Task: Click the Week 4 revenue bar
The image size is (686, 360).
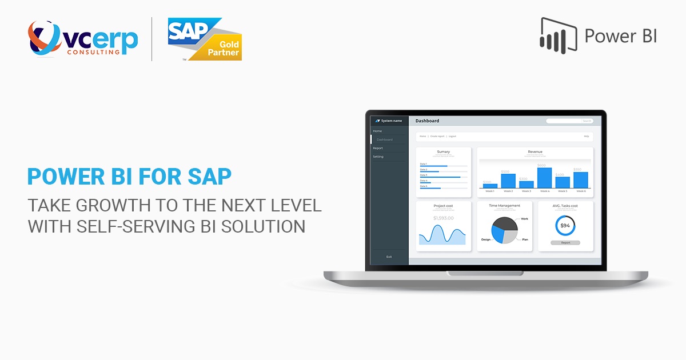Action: click(544, 178)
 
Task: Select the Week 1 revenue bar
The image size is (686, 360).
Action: click(490, 186)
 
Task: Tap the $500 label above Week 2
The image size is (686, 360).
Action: click(505, 171)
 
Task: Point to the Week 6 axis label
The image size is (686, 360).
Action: click(581, 191)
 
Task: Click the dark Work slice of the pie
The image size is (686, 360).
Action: click(506, 224)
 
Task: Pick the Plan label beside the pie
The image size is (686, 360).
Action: click(525, 239)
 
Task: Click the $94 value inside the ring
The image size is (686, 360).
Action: click(565, 226)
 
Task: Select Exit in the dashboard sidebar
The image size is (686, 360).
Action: click(389, 257)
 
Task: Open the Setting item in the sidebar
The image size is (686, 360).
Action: click(378, 157)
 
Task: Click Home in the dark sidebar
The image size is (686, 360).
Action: click(377, 131)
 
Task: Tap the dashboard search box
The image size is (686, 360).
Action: click(569, 121)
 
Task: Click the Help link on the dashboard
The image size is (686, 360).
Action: click(586, 136)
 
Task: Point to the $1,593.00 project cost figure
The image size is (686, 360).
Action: click(443, 218)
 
